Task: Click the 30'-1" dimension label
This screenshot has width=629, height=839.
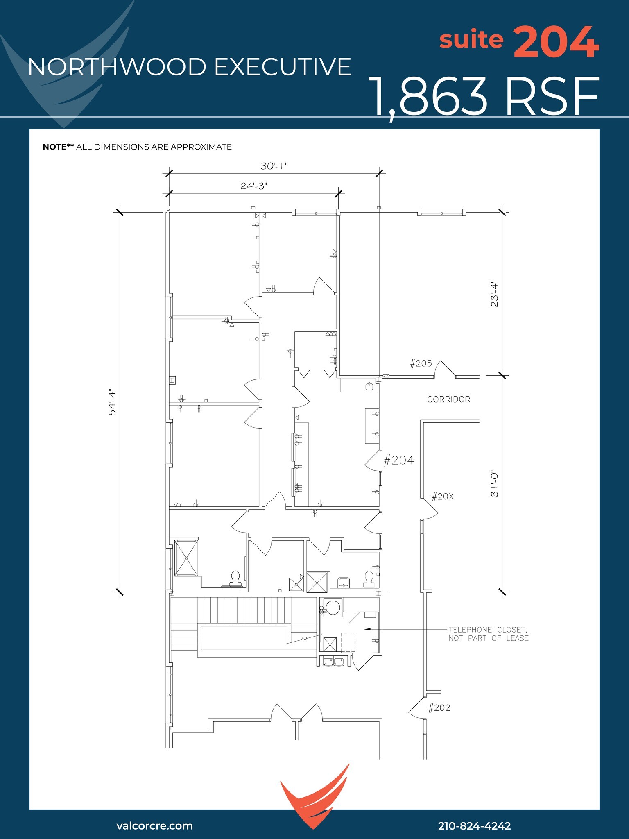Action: [274, 166]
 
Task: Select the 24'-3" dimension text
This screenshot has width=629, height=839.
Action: [253, 186]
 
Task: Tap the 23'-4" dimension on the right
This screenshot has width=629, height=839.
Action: [495, 295]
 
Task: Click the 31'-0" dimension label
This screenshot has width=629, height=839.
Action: [495, 483]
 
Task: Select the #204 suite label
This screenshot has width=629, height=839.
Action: [398, 460]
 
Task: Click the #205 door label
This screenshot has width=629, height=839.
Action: [421, 363]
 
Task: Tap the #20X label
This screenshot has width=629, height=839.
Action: [443, 497]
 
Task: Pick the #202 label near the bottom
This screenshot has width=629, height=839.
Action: [439, 708]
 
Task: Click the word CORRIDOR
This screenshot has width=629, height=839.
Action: [448, 399]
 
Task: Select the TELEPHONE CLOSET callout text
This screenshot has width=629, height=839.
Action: [488, 634]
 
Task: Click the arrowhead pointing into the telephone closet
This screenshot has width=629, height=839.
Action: [367, 629]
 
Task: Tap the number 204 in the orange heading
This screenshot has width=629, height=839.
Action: [556, 42]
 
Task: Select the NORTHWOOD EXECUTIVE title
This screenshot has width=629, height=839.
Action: [190, 67]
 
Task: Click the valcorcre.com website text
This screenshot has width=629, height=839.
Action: [154, 825]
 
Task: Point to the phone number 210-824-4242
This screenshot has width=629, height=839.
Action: [474, 825]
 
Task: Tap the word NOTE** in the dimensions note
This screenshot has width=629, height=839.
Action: [58, 147]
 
